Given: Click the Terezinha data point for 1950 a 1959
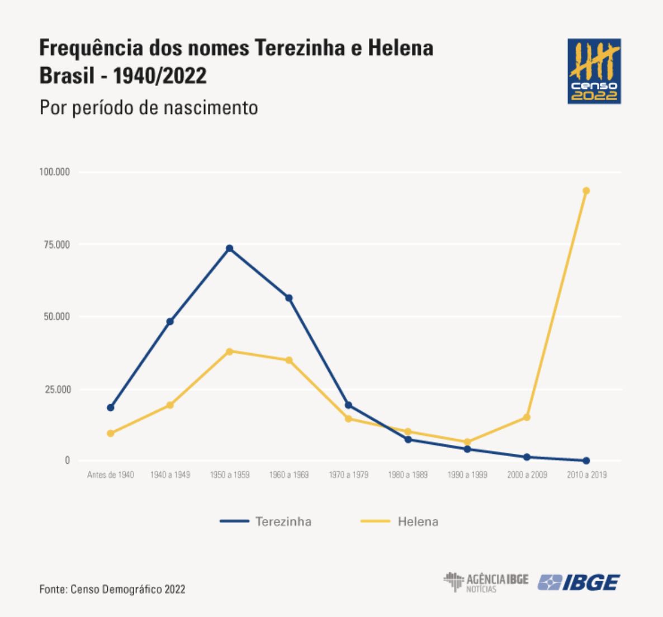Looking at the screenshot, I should tap(229, 248).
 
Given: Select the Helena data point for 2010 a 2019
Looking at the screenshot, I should tap(586, 191).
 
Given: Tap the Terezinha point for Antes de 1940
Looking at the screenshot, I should tap(111, 407).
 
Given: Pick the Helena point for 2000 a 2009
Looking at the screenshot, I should tap(527, 417).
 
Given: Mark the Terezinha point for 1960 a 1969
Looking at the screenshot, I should tap(289, 298).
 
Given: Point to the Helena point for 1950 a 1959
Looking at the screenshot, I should tap(229, 352).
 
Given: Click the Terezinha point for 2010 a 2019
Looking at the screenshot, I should tap(586, 461).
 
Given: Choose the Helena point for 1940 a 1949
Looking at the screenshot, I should tap(170, 405).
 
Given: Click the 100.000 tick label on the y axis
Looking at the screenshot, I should tap(54, 172).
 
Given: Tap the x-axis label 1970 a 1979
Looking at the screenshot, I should tap(348, 475).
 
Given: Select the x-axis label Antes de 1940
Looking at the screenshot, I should tap(111, 475).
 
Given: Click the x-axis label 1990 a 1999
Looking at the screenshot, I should tap(467, 475).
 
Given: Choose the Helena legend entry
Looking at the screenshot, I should tap(400, 521).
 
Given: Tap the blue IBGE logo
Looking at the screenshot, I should tap(579, 583).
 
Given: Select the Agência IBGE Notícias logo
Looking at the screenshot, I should tap(486, 582).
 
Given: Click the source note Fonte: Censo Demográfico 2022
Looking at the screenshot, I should tap(112, 589).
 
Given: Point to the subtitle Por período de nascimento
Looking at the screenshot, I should tap(149, 107).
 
